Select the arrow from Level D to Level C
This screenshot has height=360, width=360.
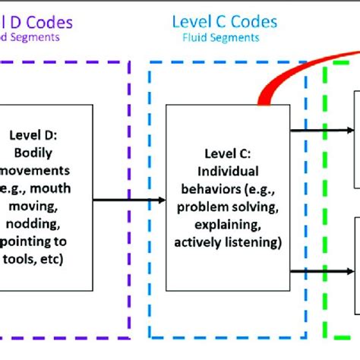click(x=129, y=200)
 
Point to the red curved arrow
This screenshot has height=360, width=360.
click(x=304, y=68)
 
